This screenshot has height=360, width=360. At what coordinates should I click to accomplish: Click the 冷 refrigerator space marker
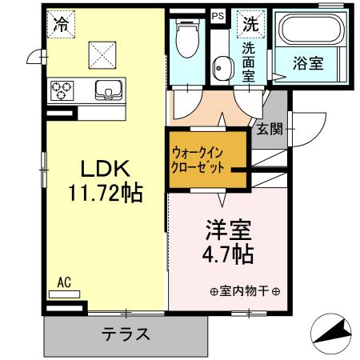[62, 24]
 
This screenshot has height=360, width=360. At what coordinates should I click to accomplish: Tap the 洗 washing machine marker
[250, 23]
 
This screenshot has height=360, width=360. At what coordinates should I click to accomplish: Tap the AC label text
[65, 282]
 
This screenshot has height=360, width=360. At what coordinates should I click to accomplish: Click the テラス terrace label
[127, 334]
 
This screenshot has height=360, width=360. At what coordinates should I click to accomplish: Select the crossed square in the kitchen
[102, 55]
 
